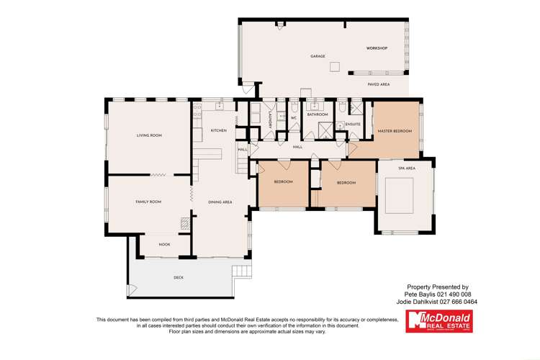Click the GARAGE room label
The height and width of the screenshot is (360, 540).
click(318, 56)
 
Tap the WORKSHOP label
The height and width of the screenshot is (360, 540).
click(377, 48)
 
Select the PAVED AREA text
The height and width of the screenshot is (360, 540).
click(379, 84)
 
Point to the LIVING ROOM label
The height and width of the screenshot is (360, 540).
click(149, 135)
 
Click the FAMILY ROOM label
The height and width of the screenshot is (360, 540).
click(148, 202)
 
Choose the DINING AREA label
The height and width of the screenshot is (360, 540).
click(220, 202)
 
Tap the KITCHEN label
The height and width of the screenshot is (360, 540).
click(218, 130)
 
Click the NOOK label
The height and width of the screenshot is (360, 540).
click(164, 244)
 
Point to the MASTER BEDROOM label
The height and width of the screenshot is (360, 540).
click(395, 131)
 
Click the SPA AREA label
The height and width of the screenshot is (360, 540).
click(407, 168)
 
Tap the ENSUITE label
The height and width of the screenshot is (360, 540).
click(353, 125)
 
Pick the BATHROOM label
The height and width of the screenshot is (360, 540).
click(318, 114)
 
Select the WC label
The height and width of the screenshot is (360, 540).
click(294, 117)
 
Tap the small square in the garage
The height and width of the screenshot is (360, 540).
click(334, 66)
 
